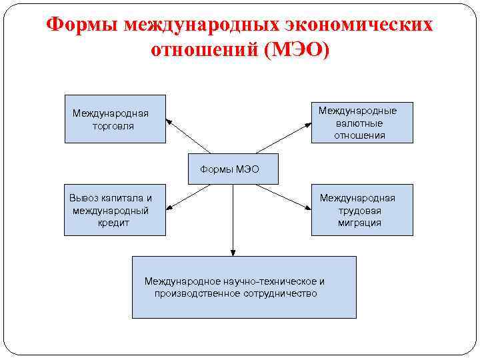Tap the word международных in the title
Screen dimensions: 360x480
pos(200,25)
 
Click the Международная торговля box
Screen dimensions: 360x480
pos(115,119)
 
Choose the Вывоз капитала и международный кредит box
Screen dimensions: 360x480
pos(115,210)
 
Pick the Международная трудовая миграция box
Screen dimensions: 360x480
pos(362,210)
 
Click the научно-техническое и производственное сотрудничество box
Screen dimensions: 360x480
pos(243,287)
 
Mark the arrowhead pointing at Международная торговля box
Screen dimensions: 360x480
pos(169,121)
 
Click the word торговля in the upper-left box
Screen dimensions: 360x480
pos(113,125)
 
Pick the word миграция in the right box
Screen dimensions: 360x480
pos(359,223)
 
